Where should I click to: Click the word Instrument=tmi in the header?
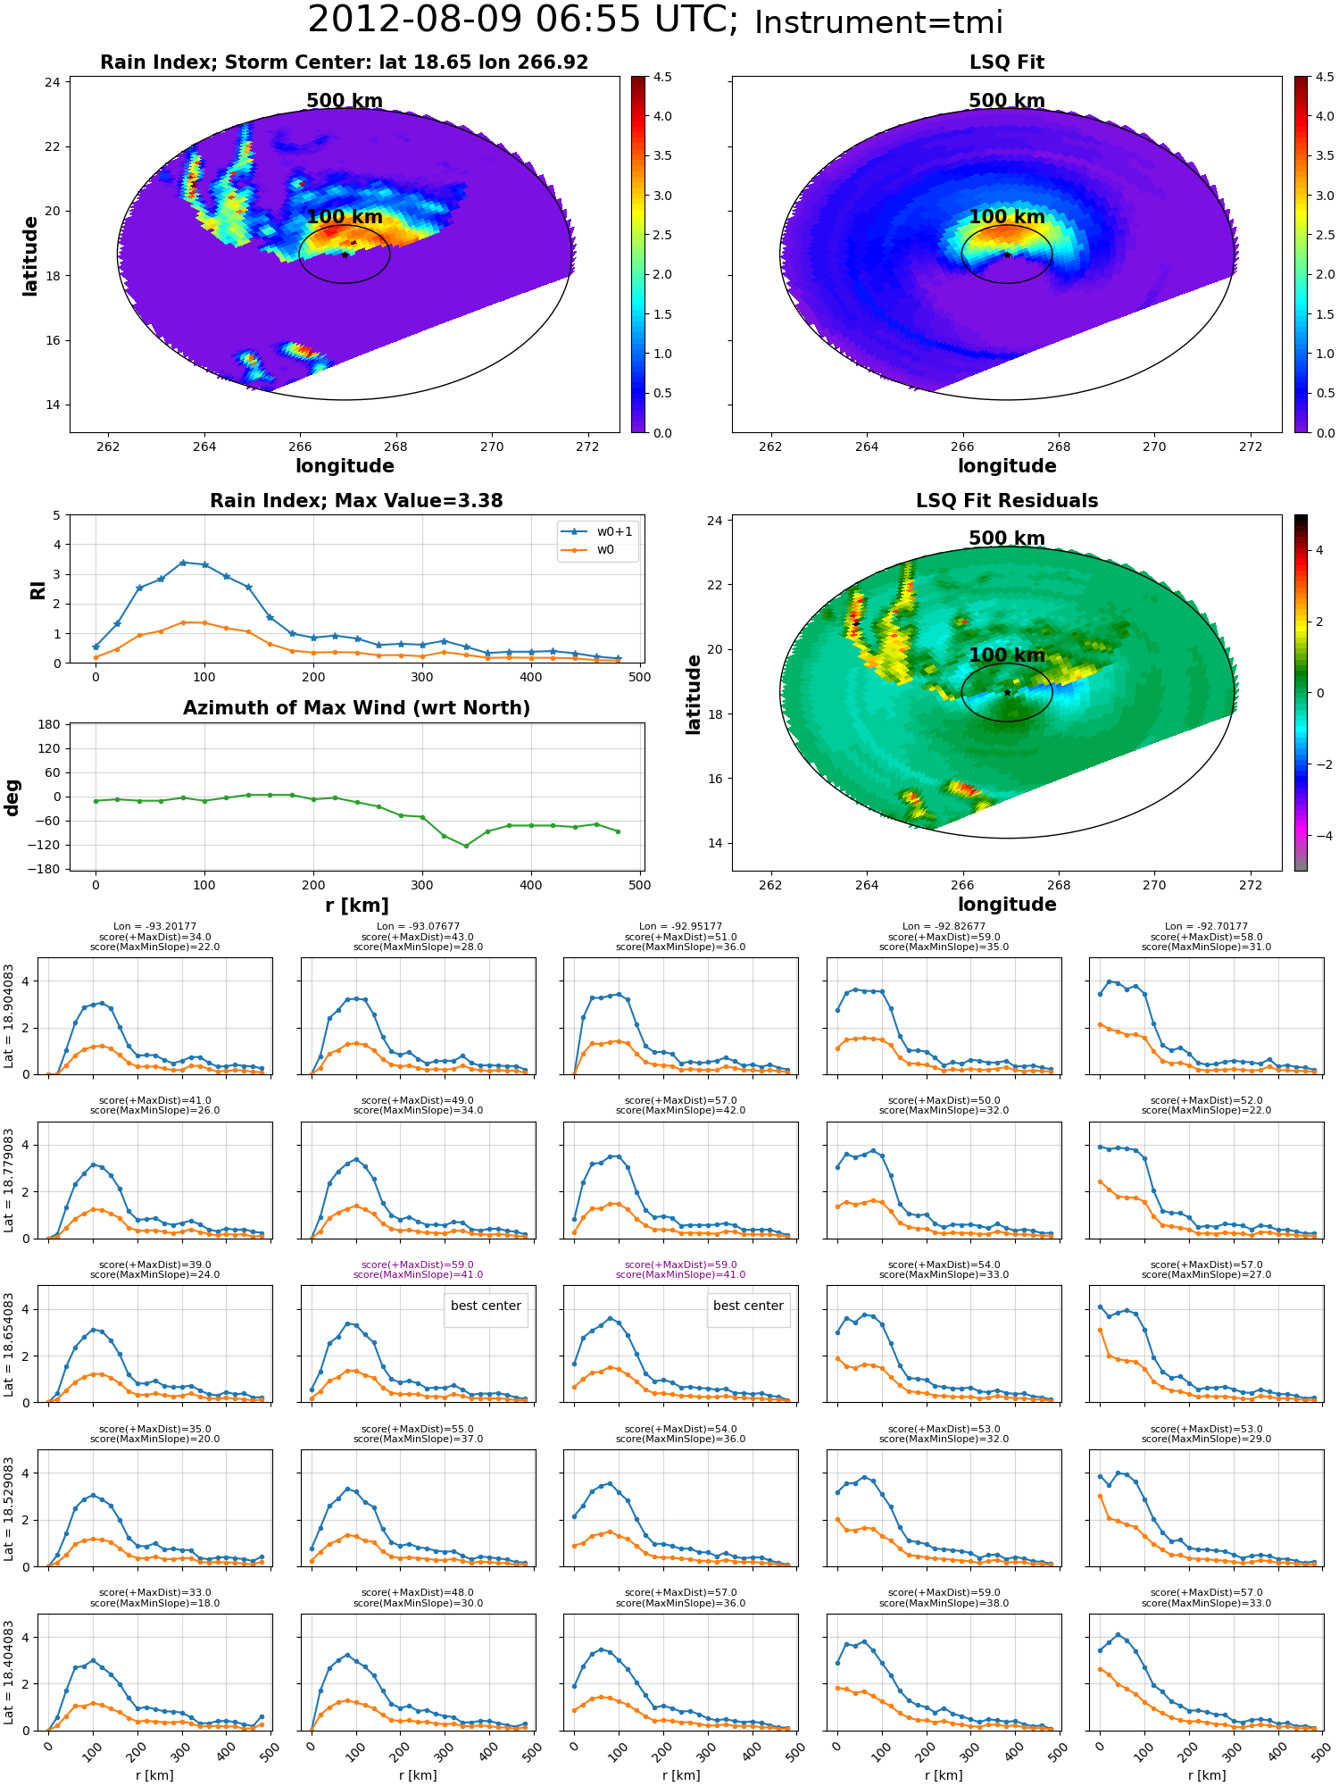coord(878,22)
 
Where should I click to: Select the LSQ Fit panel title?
coord(1007,63)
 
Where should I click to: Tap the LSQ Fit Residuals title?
coord(1007,501)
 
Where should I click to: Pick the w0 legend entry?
coord(589,549)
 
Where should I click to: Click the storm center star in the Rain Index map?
coord(345,255)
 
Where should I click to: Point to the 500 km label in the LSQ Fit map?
coord(1007,101)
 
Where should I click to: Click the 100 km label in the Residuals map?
coord(1007,655)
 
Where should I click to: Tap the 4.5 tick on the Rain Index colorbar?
coord(662,77)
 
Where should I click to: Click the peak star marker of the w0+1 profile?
coord(183,563)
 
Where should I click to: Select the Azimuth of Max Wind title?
coord(356,708)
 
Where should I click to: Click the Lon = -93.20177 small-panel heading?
coord(154,927)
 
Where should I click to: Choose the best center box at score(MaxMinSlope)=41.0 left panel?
coord(486,1306)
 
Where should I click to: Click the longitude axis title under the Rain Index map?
coord(345,466)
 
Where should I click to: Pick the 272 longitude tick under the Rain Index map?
coord(587,446)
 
